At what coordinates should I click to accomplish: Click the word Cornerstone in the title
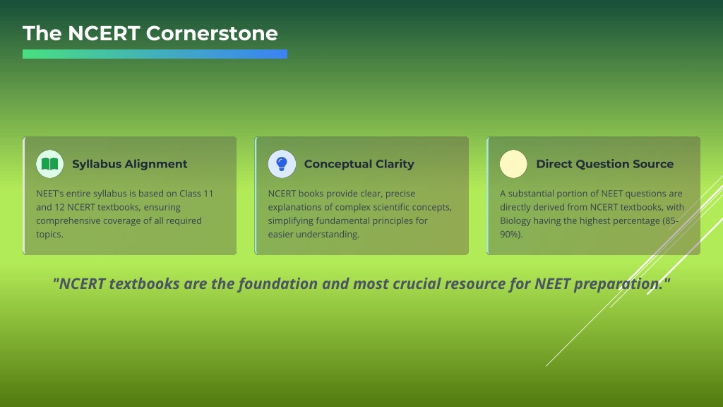click(x=212, y=33)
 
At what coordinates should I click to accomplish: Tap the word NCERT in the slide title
click(x=104, y=33)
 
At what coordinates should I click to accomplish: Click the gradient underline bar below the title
click(x=155, y=54)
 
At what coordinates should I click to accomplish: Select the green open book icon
click(x=50, y=164)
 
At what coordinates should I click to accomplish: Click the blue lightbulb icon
click(x=282, y=163)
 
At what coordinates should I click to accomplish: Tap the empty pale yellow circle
click(x=513, y=164)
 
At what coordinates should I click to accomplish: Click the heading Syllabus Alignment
click(x=130, y=164)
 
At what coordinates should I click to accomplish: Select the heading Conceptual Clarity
click(x=359, y=164)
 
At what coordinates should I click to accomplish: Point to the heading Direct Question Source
click(x=605, y=164)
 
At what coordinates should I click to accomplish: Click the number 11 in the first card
click(x=208, y=194)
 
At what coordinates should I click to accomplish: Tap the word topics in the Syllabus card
click(x=49, y=235)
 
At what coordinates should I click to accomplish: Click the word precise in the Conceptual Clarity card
click(x=400, y=194)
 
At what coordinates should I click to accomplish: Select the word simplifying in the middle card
click(x=290, y=221)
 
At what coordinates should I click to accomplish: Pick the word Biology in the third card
click(x=515, y=221)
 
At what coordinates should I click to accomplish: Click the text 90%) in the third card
click(x=510, y=235)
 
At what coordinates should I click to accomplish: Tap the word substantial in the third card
click(x=531, y=194)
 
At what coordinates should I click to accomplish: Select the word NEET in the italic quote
click(x=552, y=284)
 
